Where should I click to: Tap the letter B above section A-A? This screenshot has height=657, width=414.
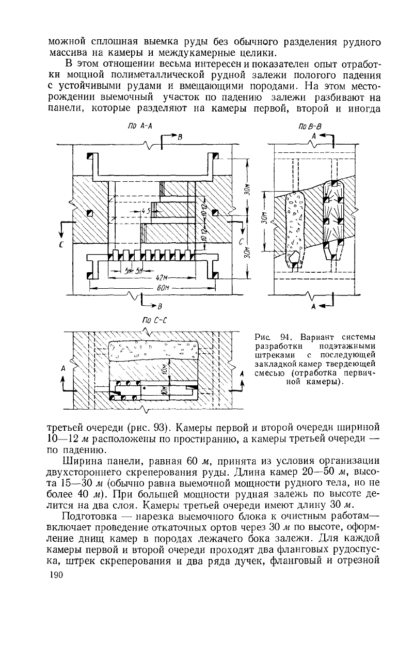[x=180, y=138]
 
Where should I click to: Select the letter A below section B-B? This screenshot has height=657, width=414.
[x=313, y=306]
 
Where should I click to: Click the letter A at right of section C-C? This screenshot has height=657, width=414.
[x=242, y=373]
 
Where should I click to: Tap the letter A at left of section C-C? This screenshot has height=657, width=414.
[x=63, y=369]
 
